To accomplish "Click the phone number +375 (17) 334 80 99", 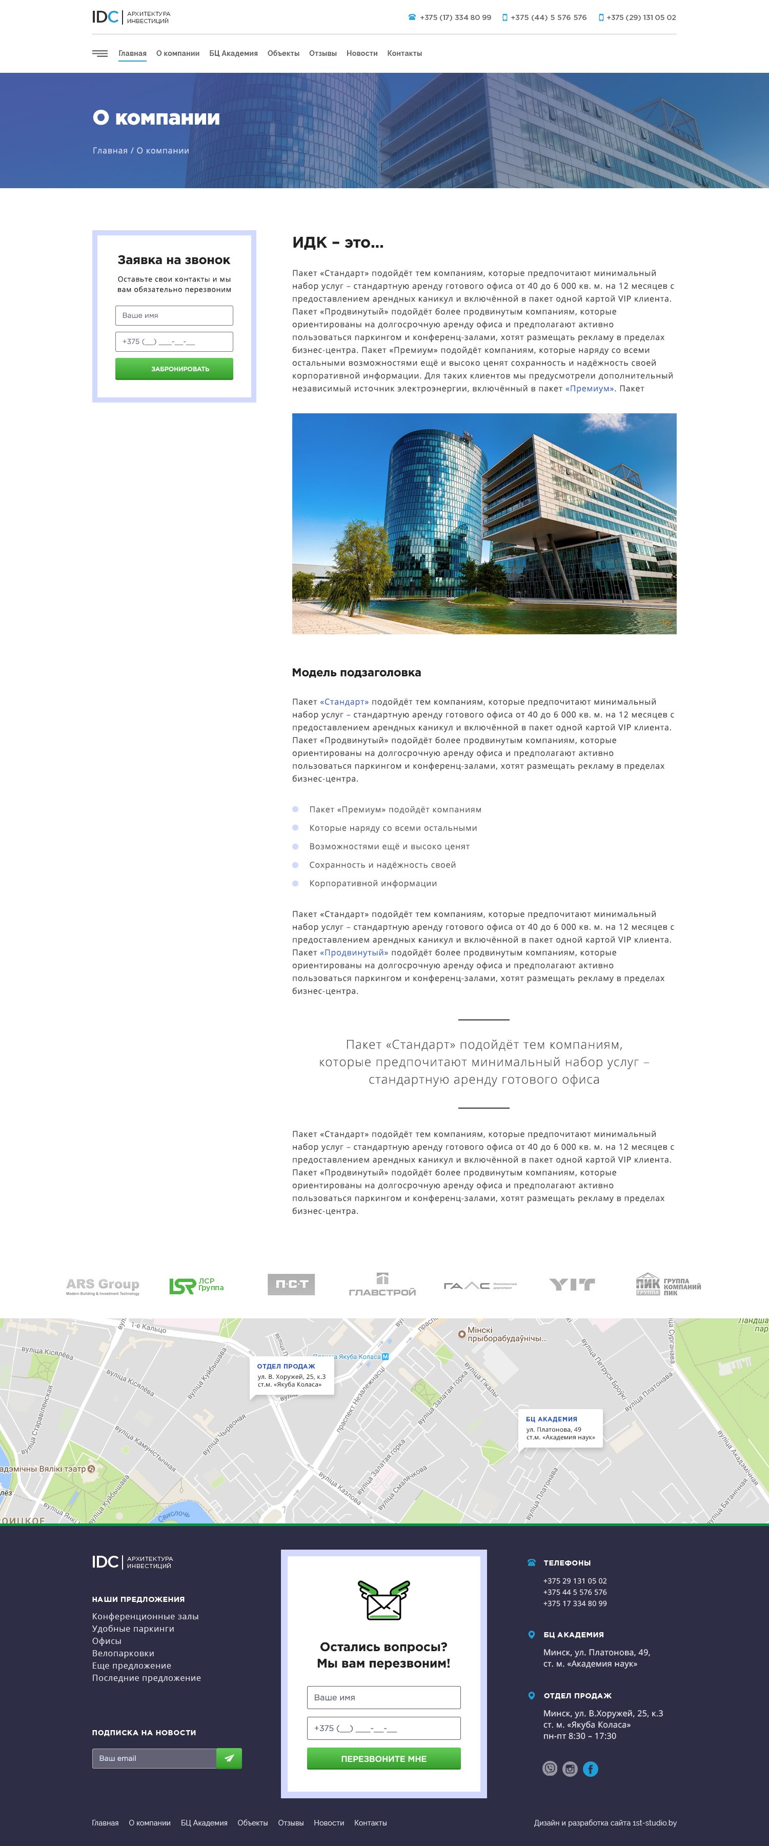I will (455, 17).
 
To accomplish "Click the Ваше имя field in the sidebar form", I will (174, 315).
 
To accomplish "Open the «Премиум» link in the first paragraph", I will (589, 388).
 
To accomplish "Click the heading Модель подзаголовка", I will (356, 672).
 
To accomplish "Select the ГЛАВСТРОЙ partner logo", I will (382, 1285).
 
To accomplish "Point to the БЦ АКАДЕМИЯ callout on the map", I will (560, 1428).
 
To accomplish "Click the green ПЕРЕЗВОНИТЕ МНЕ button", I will (383, 1759).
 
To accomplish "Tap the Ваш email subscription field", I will (154, 1758).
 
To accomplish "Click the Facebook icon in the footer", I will (591, 1769).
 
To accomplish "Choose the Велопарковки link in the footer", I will (123, 1653).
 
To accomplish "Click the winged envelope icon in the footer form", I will (383, 1600).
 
